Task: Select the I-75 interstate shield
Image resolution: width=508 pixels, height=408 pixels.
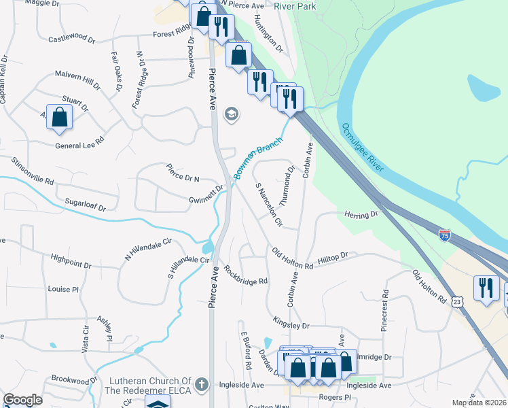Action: (445, 235)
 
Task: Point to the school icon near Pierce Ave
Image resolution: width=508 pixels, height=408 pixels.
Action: (231, 114)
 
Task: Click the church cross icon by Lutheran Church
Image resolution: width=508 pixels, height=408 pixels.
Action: (200, 386)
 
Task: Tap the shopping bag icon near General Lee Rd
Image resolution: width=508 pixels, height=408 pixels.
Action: (60, 117)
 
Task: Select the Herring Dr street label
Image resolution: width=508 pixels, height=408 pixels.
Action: (361, 214)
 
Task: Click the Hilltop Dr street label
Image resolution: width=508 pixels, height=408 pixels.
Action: (333, 256)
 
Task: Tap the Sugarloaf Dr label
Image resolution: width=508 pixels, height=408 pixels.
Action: (86, 203)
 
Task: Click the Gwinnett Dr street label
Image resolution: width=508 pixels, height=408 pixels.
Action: (206, 194)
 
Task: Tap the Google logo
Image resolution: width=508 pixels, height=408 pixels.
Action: (23, 400)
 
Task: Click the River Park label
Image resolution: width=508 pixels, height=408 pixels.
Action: (295, 5)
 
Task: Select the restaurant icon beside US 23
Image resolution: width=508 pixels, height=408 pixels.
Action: (486, 288)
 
